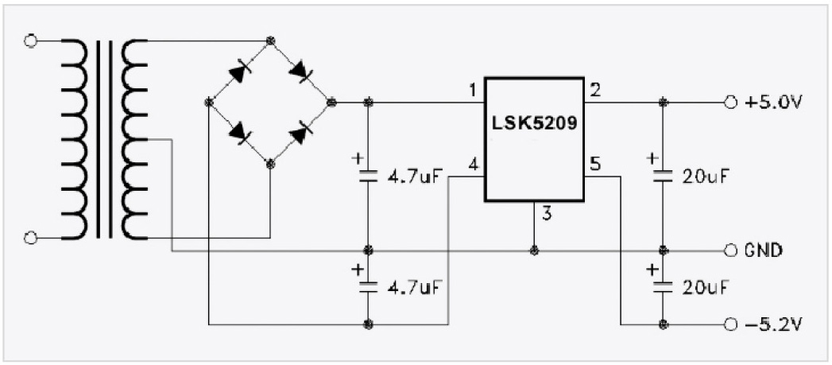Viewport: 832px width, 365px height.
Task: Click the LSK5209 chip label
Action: point(534,125)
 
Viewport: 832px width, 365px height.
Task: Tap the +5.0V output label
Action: point(773,103)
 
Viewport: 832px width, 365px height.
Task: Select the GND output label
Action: point(764,250)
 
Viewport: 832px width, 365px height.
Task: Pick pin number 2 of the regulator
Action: point(595,90)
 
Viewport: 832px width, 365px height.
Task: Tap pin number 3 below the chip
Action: point(546,212)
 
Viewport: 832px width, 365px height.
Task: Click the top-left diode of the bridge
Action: point(239,72)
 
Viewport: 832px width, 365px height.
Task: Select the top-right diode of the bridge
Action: point(301,72)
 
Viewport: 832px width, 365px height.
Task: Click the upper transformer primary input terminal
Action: point(31,41)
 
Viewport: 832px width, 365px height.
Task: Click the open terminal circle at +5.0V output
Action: point(729,103)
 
